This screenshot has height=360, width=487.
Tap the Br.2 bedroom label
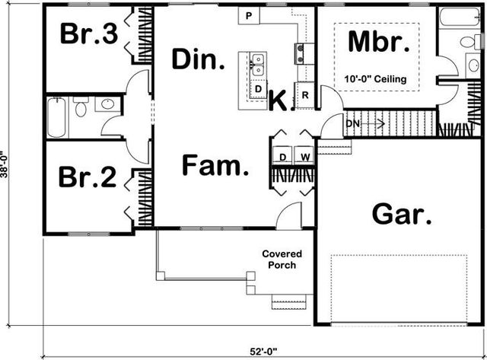coord(88,177)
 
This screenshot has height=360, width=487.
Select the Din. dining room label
coord(197,59)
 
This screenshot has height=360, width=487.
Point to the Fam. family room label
coord(216,165)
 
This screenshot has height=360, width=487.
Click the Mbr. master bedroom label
coord(373,43)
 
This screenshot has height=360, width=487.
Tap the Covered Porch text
coord(282,260)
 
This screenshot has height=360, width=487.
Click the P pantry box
coord(250,15)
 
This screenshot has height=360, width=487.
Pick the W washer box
coord(304,157)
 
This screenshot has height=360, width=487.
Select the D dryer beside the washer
coord(282,157)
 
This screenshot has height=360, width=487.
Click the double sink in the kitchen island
coord(258,65)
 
